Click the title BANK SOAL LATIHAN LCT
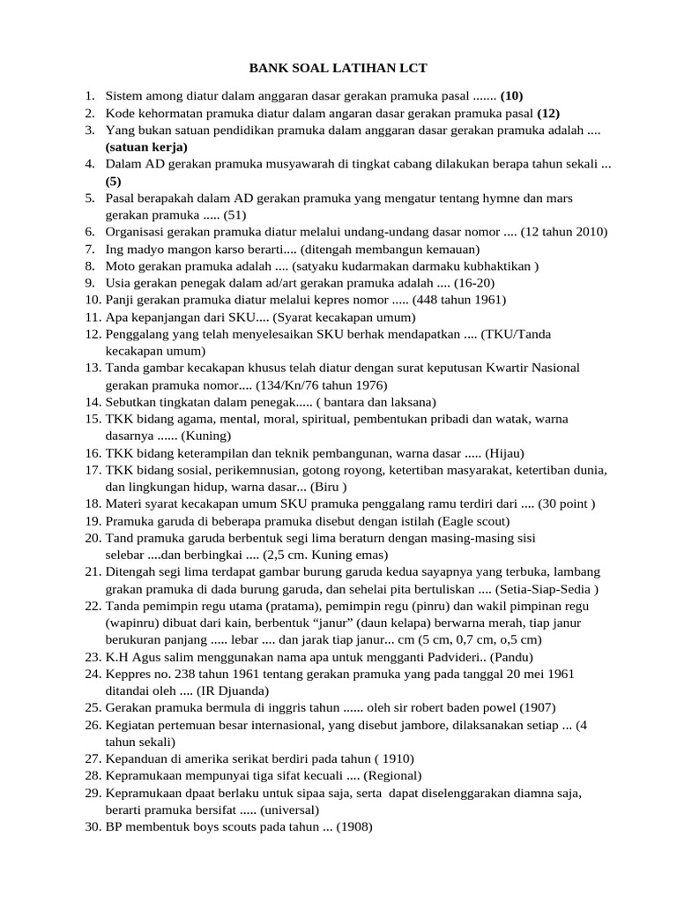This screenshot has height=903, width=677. pyautogui.click(x=338, y=68)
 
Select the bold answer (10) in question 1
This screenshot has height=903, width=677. pyautogui.click(x=512, y=95)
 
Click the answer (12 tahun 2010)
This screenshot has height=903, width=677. pyautogui.click(x=564, y=232)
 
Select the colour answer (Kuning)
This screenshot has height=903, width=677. pyautogui.click(x=206, y=436)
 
